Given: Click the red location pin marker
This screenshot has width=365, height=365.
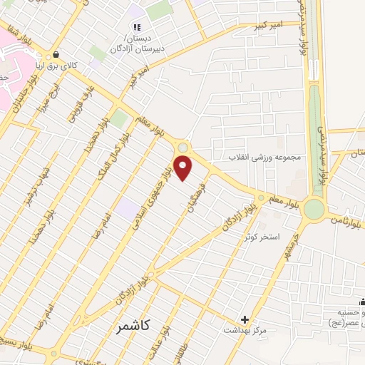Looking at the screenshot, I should click(184, 168).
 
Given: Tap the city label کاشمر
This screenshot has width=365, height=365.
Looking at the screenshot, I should click(132, 326).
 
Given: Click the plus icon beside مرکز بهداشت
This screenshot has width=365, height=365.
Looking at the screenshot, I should click(245, 319).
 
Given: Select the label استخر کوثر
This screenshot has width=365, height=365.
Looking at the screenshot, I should click(279, 236).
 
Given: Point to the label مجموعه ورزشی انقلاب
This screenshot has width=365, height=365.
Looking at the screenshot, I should click(265, 157).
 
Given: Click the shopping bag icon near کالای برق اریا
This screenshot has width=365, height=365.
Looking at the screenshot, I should click(51, 56).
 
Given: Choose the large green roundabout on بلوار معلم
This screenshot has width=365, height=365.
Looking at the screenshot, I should click(314, 210).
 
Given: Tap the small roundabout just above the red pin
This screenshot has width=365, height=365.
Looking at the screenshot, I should click(182, 148).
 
